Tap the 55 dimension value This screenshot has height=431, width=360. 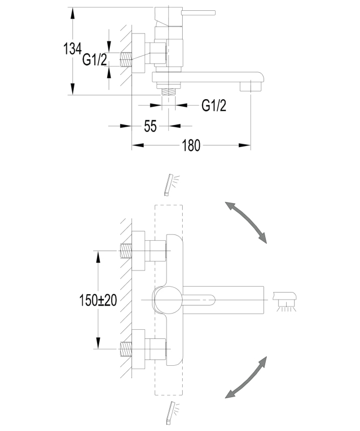click(150, 126)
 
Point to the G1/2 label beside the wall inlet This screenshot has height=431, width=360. click(94, 60)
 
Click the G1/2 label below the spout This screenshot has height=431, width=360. click(214, 106)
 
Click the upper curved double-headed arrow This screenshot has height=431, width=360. click(246, 221)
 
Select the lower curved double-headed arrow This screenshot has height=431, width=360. click(246, 378)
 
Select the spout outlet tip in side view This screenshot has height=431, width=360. click(251, 85)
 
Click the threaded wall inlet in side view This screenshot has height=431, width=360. click(127, 59)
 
